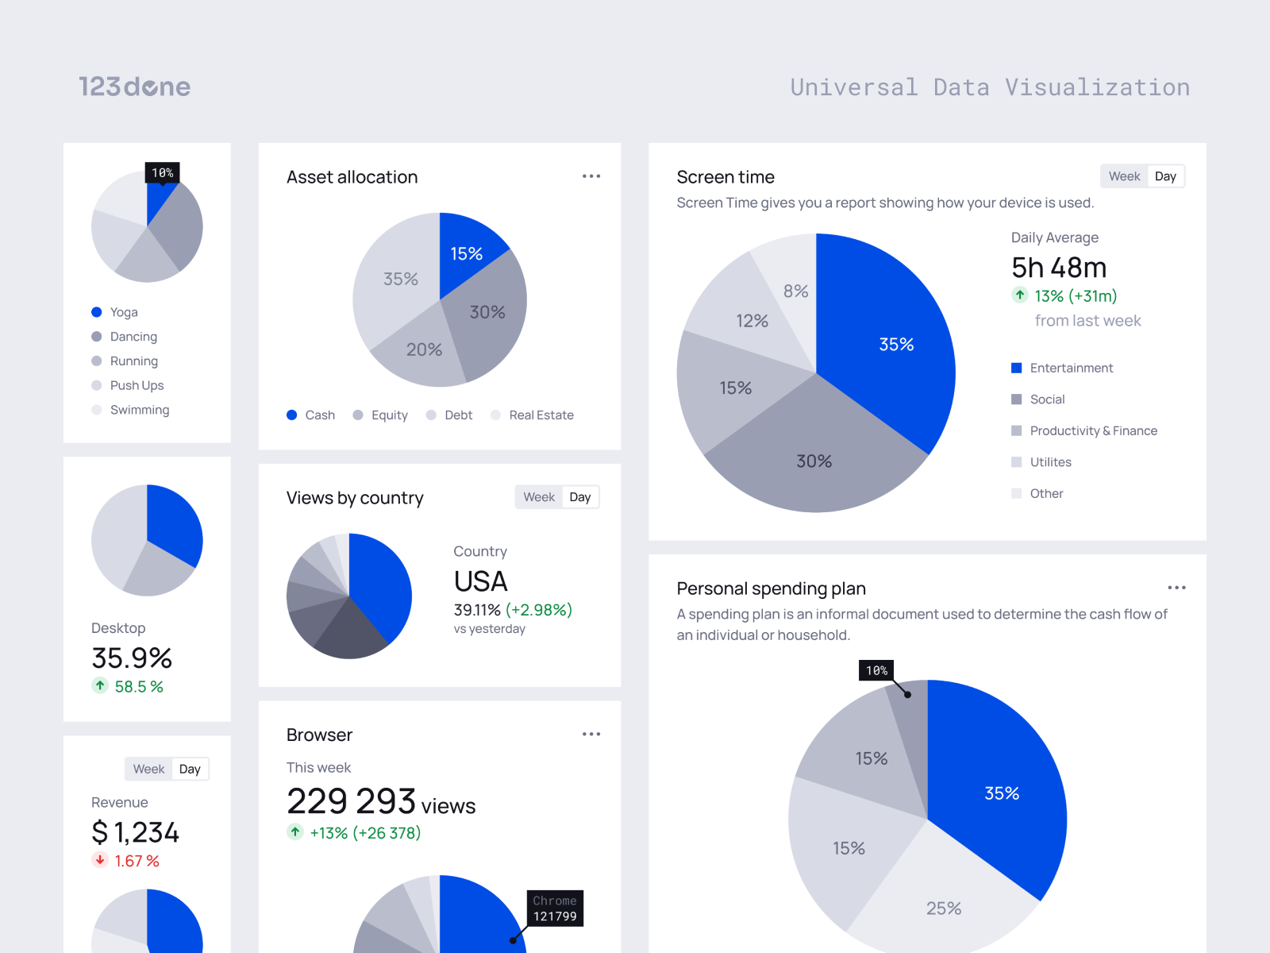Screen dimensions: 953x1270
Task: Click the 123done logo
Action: click(x=134, y=87)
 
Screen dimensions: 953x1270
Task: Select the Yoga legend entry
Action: click(x=123, y=312)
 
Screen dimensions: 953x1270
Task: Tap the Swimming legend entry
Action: click(x=139, y=410)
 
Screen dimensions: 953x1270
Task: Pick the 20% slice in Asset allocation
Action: click(x=424, y=349)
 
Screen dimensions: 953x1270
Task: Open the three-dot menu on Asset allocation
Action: click(x=591, y=176)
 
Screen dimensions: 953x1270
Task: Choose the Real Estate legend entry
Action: click(x=541, y=415)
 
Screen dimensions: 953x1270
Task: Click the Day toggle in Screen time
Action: click(x=1165, y=176)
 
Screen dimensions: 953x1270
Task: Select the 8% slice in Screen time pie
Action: click(x=795, y=291)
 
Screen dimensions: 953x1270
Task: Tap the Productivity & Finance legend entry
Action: click(x=1093, y=430)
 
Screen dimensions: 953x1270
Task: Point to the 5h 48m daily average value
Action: click(x=1059, y=268)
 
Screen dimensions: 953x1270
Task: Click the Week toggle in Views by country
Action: click(x=539, y=497)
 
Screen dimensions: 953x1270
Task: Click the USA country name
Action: click(x=481, y=581)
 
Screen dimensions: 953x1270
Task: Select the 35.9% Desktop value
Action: click(x=132, y=658)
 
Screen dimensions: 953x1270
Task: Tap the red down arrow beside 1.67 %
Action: click(x=100, y=860)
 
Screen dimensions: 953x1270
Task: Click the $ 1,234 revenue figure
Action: click(x=135, y=832)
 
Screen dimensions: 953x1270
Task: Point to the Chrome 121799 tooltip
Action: click(x=555, y=909)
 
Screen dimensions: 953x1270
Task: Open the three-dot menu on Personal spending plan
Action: click(x=1176, y=588)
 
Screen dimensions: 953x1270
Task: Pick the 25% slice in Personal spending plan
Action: click(x=943, y=908)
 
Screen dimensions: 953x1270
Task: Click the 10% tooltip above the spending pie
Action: click(x=876, y=670)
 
